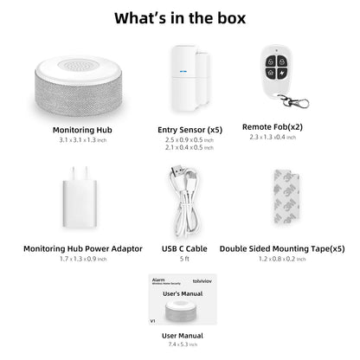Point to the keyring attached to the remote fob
pos(299,102)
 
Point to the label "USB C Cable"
pos(183,248)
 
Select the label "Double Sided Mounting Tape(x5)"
pos(282,248)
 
